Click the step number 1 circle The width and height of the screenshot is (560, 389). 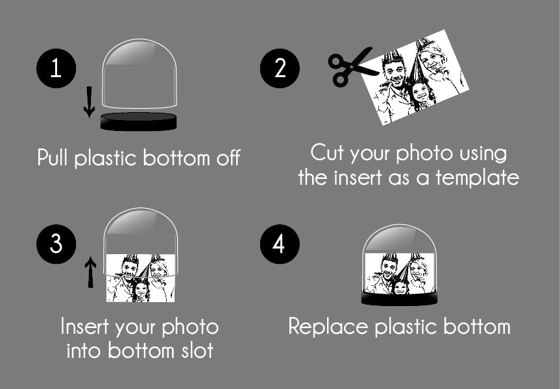pos(56,68)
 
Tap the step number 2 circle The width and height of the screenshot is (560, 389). pos(280,68)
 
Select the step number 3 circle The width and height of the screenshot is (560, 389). pos(56,244)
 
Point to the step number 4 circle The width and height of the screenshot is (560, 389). pos(280,244)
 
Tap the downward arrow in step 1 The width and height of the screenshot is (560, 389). pos(89,102)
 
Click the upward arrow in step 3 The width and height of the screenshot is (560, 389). pos(90,272)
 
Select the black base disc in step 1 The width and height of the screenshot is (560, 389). pos(139,122)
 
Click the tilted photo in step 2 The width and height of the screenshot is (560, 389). pos(414,77)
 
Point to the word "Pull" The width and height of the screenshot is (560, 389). pos(52,158)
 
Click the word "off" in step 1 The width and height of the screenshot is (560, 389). pos(228,158)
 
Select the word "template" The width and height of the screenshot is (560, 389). pos(477,178)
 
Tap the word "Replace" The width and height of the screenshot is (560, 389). pos(328,327)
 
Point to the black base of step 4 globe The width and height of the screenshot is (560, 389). pos(399,298)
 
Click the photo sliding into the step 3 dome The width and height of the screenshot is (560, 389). pos(141,278)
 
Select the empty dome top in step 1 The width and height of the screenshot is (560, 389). pos(140,73)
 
